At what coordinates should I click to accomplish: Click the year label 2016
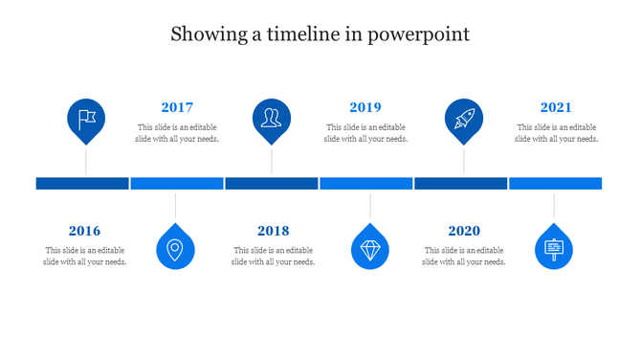(x=84, y=231)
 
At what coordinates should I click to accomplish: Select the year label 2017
(x=177, y=107)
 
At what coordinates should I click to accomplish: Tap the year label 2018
(x=273, y=231)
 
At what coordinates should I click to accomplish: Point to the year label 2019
(x=365, y=107)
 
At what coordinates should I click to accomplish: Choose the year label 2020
(x=464, y=231)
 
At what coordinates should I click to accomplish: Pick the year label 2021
(x=556, y=107)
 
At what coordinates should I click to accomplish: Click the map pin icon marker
(x=175, y=248)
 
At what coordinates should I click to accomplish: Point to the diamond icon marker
(x=370, y=248)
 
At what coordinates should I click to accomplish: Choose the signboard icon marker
(x=554, y=248)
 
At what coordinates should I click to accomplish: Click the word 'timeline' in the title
(x=297, y=35)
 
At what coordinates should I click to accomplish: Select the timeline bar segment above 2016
(x=82, y=183)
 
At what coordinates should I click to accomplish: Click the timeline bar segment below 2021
(x=555, y=183)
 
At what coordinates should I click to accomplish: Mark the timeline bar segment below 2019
(x=365, y=183)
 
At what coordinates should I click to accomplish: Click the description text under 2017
(x=177, y=133)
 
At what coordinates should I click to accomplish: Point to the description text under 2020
(x=464, y=256)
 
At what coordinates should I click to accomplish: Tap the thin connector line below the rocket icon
(x=464, y=160)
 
